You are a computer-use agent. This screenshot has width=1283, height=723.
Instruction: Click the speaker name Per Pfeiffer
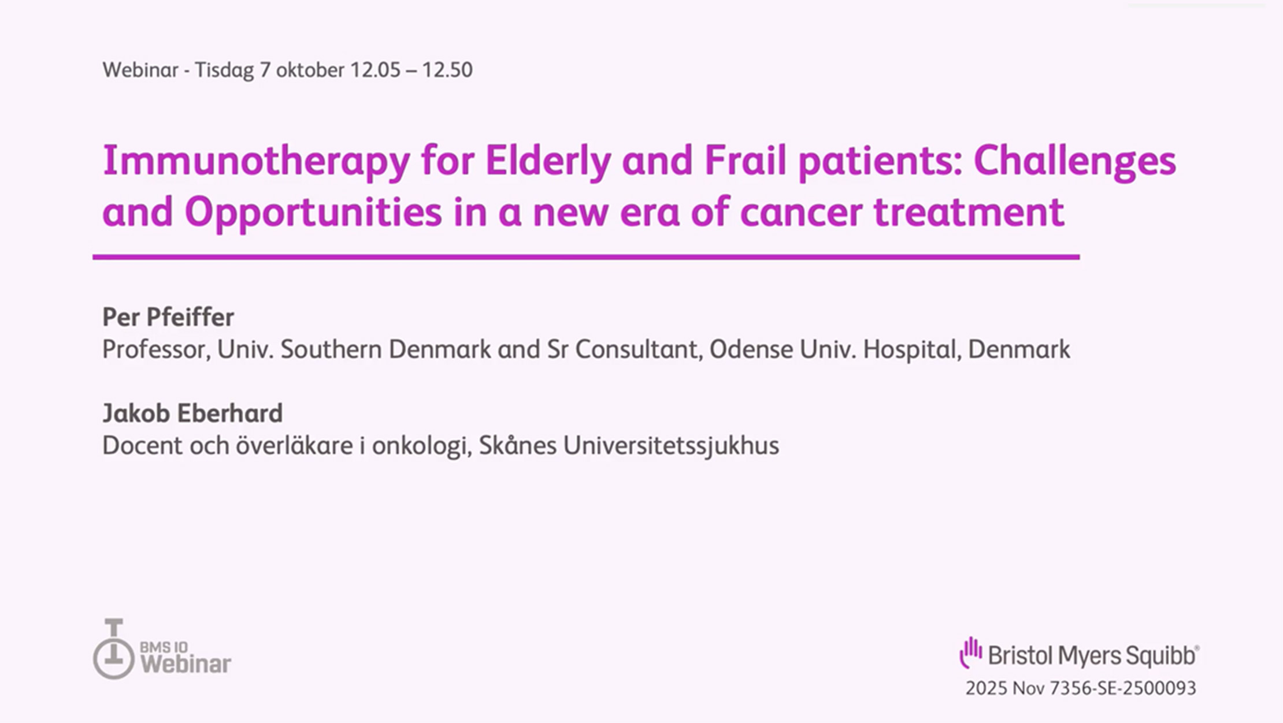click(x=168, y=317)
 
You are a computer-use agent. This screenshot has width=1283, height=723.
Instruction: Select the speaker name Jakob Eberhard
click(x=192, y=413)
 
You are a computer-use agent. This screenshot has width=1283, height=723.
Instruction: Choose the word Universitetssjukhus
click(x=671, y=446)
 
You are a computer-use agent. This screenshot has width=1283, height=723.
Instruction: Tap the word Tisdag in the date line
click(x=224, y=70)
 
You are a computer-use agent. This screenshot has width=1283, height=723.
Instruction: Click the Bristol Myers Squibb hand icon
click(x=971, y=653)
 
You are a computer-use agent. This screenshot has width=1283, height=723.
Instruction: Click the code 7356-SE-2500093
click(x=1123, y=688)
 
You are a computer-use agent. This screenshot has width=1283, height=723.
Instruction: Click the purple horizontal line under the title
click(x=586, y=257)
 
